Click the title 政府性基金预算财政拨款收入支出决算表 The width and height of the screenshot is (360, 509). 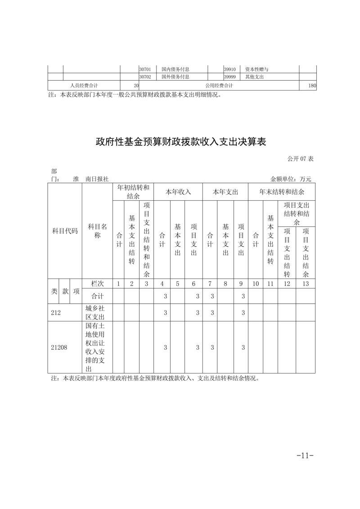pyautogui.click(x=181, y=142)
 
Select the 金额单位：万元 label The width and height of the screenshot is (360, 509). pyautogui.click(x=290, y=179)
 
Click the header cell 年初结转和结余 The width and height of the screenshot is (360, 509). pyautogui.click(x=133, y=191)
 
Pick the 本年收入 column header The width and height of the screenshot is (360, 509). pyautogui.click(x=178, y=192)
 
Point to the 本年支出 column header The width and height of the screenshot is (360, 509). pyautogui.click(x=225, y=192)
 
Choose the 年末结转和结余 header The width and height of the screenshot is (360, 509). pyautogui.click(x=282, y=192)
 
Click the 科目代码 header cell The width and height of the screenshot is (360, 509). pyautogui.click(x=65, y=231)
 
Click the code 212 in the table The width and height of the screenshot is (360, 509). pyautogui.click(x=56, y=312)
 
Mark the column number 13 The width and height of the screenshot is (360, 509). pyautogui.click(x=306, y=284)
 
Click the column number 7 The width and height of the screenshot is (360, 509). pyautogui.click(x=210, y=284)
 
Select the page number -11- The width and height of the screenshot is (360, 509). pyautogui.click(x=305, y=455)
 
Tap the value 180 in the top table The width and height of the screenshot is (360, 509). pyautogui.click(x=312, y=86)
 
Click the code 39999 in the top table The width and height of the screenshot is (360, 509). pyautogui.click(x=230, y=77)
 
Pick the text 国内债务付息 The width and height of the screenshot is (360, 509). pyautogui.click(x=175, y=69)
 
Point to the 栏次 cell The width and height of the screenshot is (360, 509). pyautogui.click(x=97, y=284)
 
